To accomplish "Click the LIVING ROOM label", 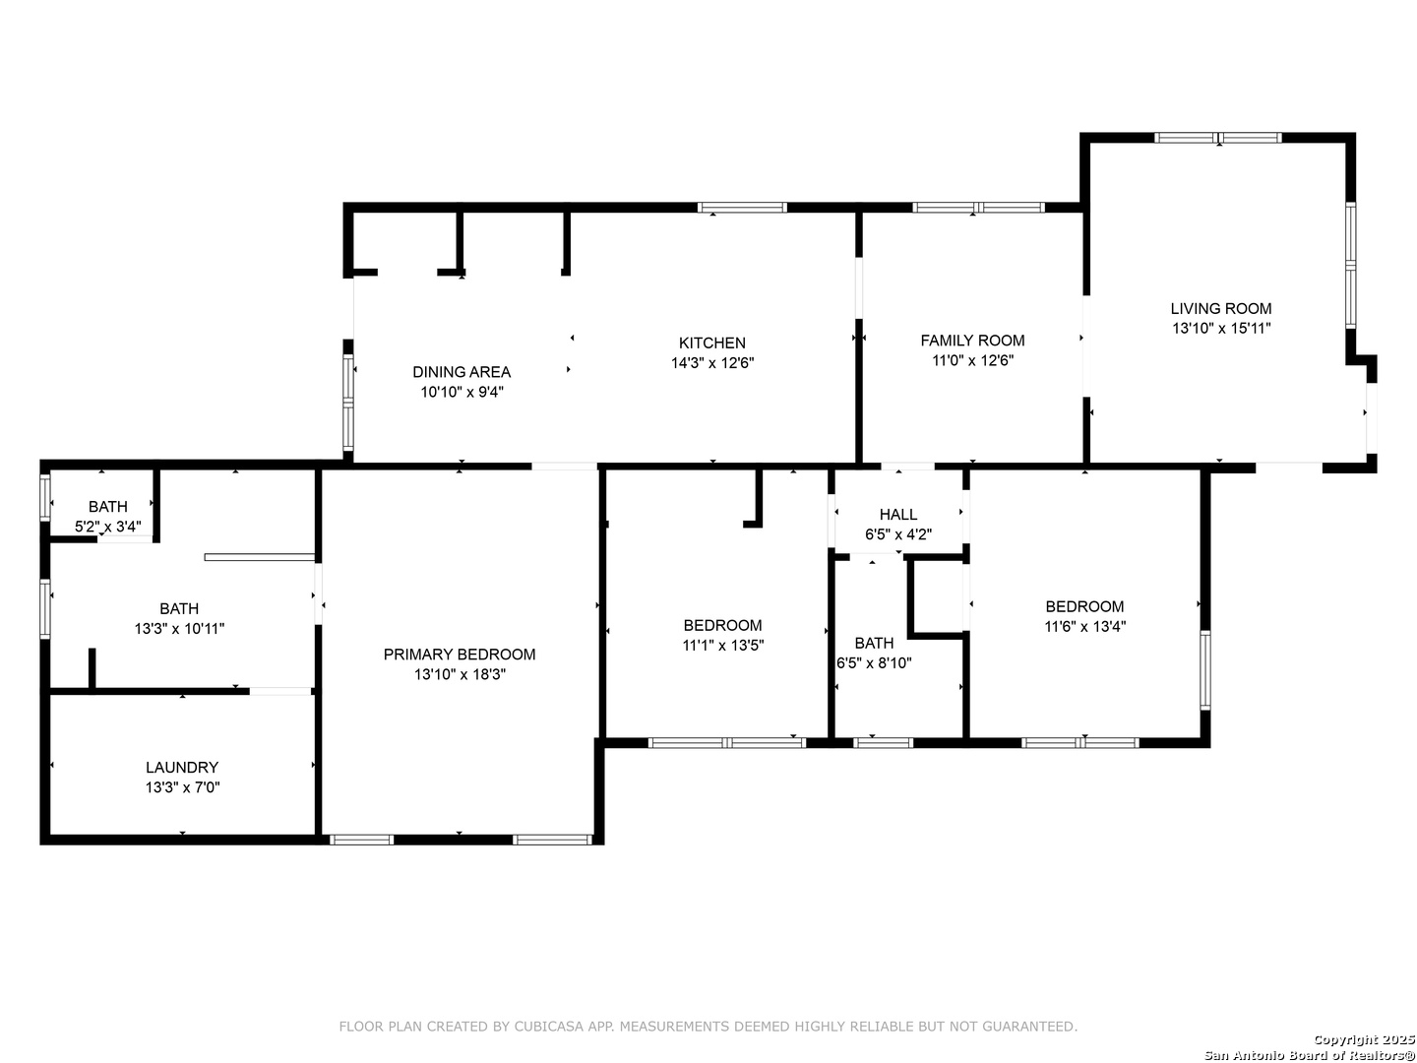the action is pyautogui.click(x=1221, y=308).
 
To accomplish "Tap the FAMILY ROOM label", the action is pyautogui.click(x=972, y=341).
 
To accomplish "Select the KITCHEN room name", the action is pyautogui.click(x=712, y=343).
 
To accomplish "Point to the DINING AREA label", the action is pyautogui.click(x=462, y=372).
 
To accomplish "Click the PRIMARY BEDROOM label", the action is pyautogui.click(x=459, y=655).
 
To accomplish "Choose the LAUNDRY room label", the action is pyautogui.click(x=182, y=768).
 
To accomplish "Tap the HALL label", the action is pyautogui.click(x=898, y=515).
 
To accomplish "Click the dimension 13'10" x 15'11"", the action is pyautogui.click(x=1221, y=329).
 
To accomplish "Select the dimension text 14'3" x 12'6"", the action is pyautogui.click(x=712, y=363).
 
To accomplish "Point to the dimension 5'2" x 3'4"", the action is pyautogui.click(x=108, y=527).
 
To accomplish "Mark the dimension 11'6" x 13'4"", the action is pyautogui.click(x=1084, y=626).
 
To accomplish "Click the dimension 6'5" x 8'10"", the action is pyautogui.click(x=874, y=662).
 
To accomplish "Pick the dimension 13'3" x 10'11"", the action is pyautogui.click(x=179, y=629).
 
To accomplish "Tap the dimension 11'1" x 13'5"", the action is pyautogui.click(x=723, y=646).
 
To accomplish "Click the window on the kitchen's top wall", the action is pyautogui.click(x=742, y=207).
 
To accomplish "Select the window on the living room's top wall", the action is pyautogui.click(x=1217, y=138).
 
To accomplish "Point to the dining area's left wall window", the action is pyautogui.click(x=348, y=403).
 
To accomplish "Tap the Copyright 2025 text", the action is pyautogui.click(x=1364, y=1039).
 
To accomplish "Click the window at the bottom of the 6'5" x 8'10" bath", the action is pyautogui.click(x=883, y=743).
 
